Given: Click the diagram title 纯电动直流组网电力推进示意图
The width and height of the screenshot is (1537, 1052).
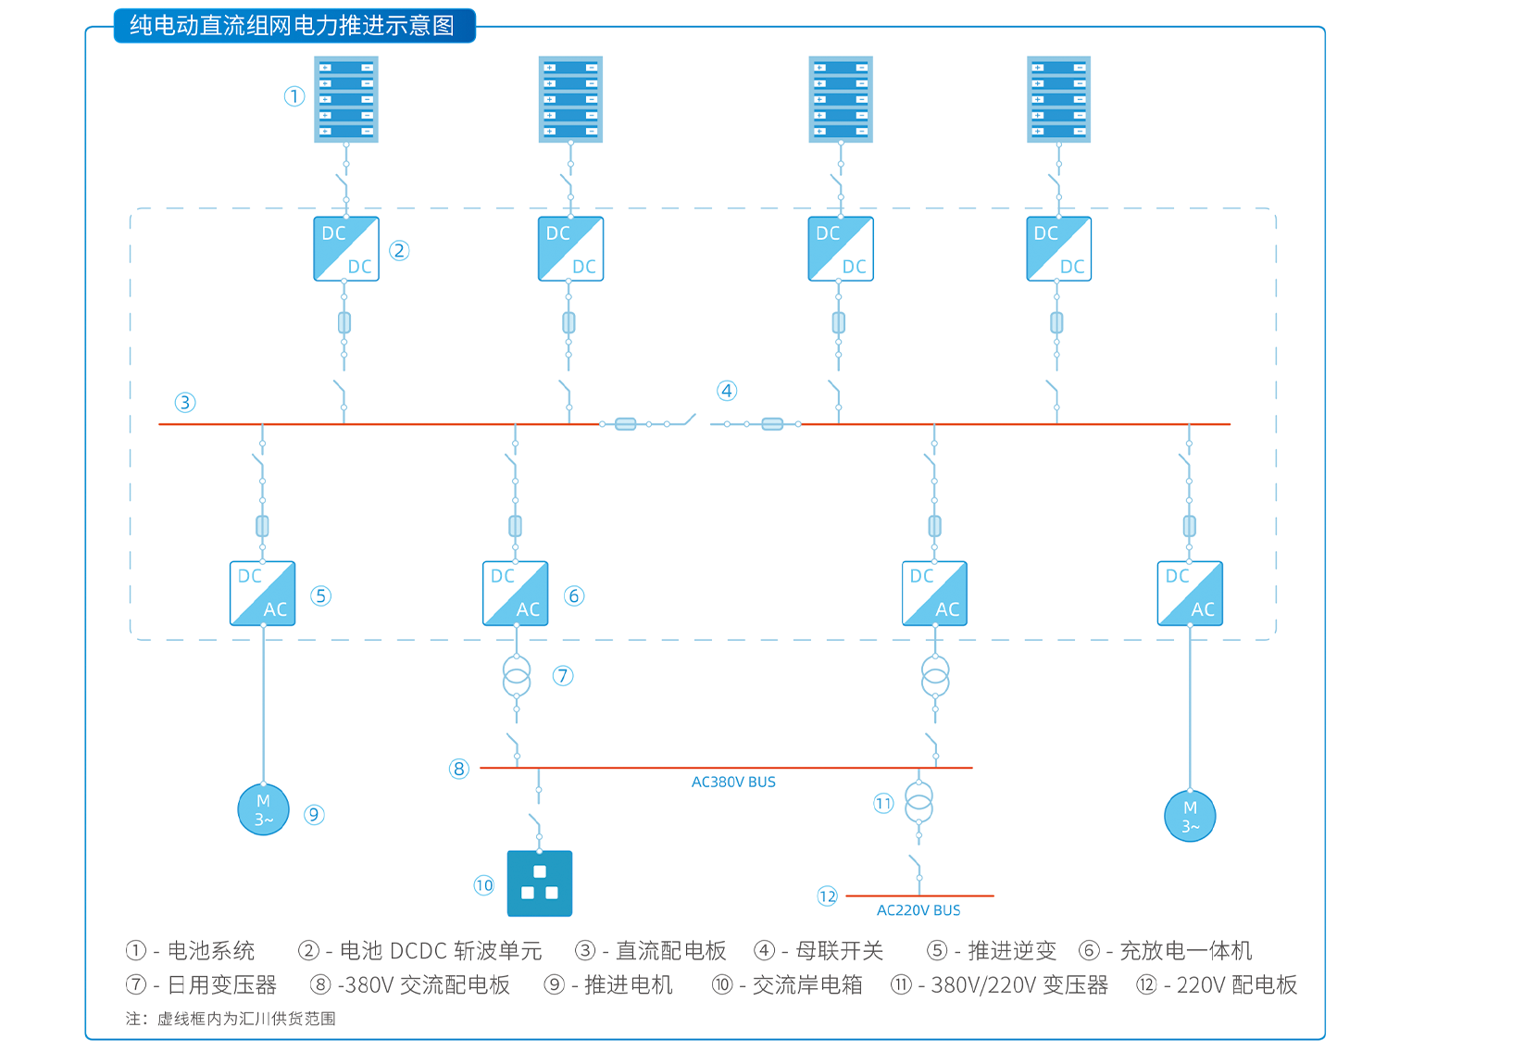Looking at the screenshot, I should tap(293, 25).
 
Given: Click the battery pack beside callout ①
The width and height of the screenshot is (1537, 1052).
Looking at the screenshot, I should tap(346, 99).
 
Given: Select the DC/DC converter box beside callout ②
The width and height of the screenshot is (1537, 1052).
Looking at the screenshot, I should tap(346, 249).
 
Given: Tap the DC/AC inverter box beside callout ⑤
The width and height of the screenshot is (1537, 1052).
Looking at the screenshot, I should tap(263, 594).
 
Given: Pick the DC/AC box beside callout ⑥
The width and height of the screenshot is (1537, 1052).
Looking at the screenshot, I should tap(516, 594).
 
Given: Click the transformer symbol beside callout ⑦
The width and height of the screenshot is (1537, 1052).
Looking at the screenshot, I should tap(517, 677).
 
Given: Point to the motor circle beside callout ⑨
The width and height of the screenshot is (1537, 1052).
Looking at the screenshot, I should tap(264, 809).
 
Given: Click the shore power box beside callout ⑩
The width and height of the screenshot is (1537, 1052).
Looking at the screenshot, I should tap(540, 883).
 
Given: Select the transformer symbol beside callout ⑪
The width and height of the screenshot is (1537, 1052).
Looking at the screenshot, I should tap(918, 803).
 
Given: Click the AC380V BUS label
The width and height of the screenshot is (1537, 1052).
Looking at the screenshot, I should tap(733, 783).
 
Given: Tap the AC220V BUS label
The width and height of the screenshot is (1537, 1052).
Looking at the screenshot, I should tap(918, 910).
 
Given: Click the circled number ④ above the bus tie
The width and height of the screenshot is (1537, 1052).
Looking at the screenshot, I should tap(727, 391).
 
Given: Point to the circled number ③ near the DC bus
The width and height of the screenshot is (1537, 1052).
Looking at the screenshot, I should tap(185, 402).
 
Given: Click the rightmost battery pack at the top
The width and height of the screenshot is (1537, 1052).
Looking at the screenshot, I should tap(1058, 99).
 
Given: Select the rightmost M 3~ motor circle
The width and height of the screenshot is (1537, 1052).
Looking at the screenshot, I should tap(1190, 816).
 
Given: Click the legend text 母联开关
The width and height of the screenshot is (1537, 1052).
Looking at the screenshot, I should tap(840, 951).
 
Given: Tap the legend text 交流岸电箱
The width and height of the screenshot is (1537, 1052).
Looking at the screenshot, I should tap(807, 985).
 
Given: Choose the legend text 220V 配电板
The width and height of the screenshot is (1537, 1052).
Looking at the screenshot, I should tap(1237, 985).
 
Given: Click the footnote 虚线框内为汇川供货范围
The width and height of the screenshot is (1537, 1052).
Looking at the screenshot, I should tap(246, 1019).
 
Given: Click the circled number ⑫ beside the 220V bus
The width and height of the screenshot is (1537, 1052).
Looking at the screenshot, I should tap(827, 895).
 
